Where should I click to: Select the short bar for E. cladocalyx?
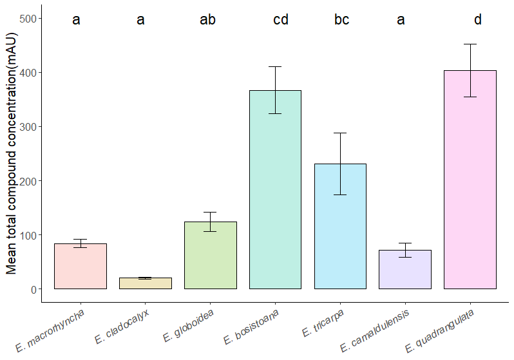[145, 283]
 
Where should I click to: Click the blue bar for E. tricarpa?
[340, 226]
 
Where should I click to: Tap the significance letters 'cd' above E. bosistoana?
[281, 20]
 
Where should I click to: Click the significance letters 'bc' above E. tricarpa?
[341, 20]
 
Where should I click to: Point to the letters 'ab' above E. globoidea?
[207, 20]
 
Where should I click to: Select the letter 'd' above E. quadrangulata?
[477, 20]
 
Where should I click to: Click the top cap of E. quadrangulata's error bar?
[470, 44]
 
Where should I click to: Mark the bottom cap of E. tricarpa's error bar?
[340, 194]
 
